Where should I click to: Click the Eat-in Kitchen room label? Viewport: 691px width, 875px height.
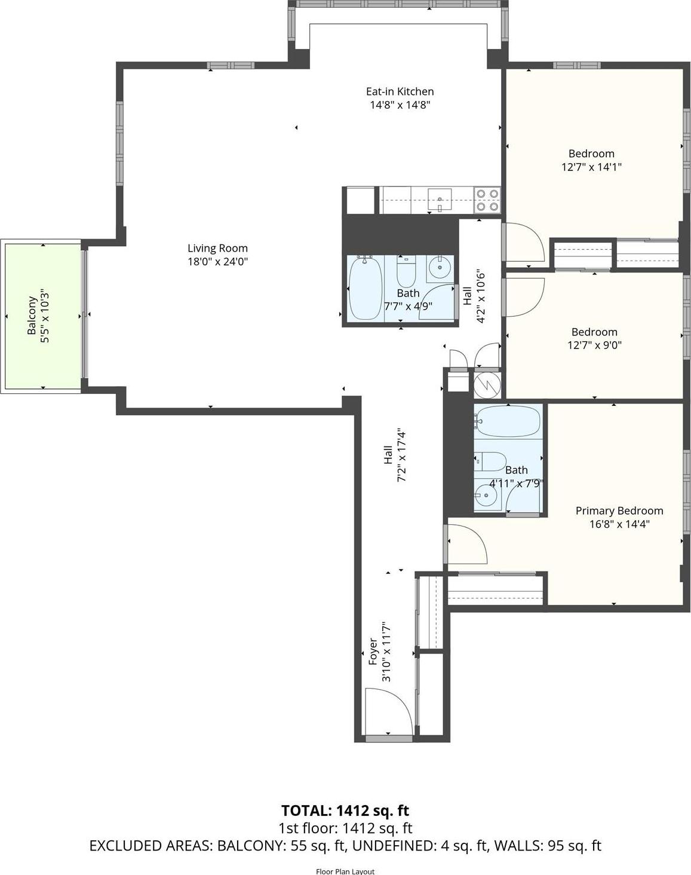(x=400, y=91)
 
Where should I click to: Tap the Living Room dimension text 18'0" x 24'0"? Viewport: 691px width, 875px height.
(x=217, y=261)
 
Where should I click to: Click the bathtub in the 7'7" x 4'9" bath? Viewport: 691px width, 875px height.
(x=365, y=288)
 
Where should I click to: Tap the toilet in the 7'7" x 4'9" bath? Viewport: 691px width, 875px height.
(x=406, y=271)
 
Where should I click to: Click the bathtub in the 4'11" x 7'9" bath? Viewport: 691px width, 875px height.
(x=508, y=422)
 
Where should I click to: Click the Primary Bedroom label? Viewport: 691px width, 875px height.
(x=619, y=510)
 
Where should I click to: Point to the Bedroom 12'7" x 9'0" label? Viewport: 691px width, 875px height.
(x=594, y=332)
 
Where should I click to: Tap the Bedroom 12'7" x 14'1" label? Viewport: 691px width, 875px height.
(x=591, y=154)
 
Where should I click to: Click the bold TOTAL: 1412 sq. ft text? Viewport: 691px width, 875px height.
(x=345, y=810)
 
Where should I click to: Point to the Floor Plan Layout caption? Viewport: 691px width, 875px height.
(x=345, y=871)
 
